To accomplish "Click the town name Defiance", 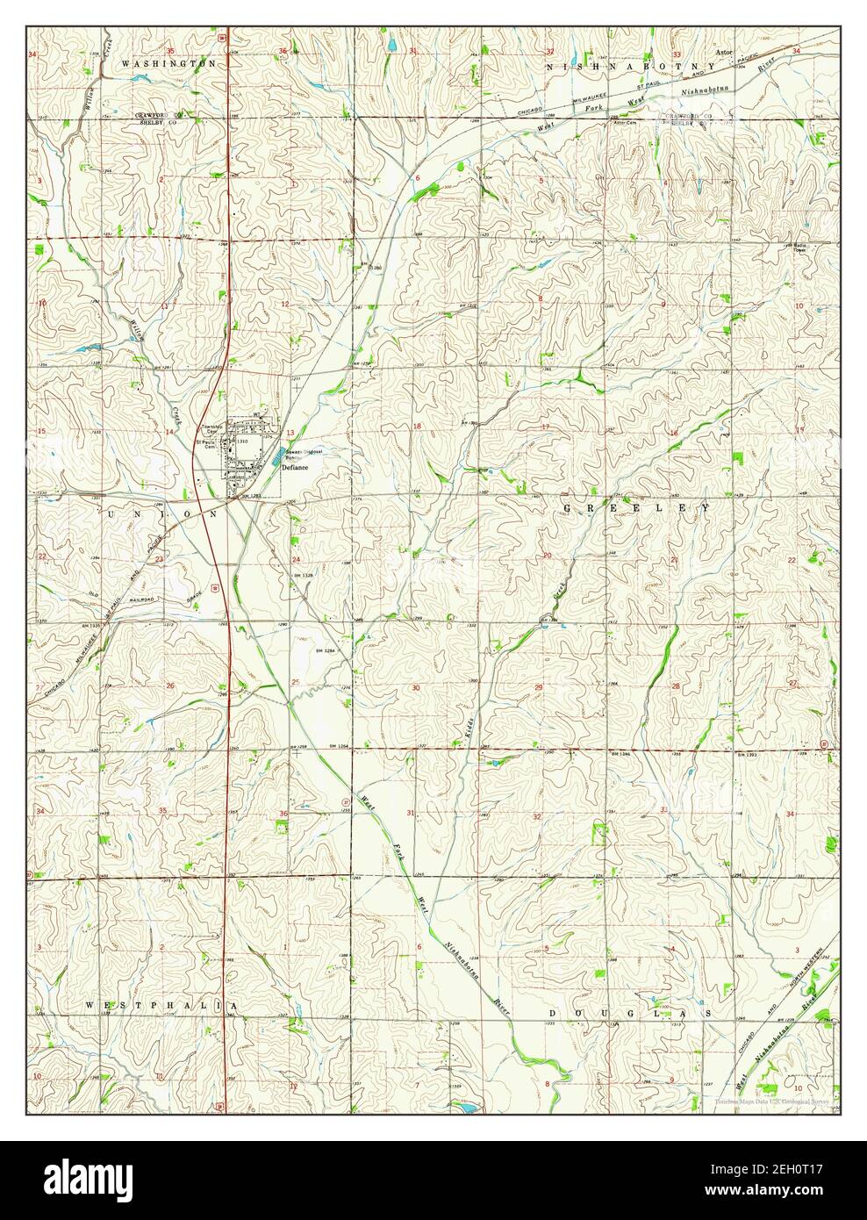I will [x=295, y=469].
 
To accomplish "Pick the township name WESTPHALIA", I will [x=161, y=1003].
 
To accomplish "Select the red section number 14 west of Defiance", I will [x=167, y=434].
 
